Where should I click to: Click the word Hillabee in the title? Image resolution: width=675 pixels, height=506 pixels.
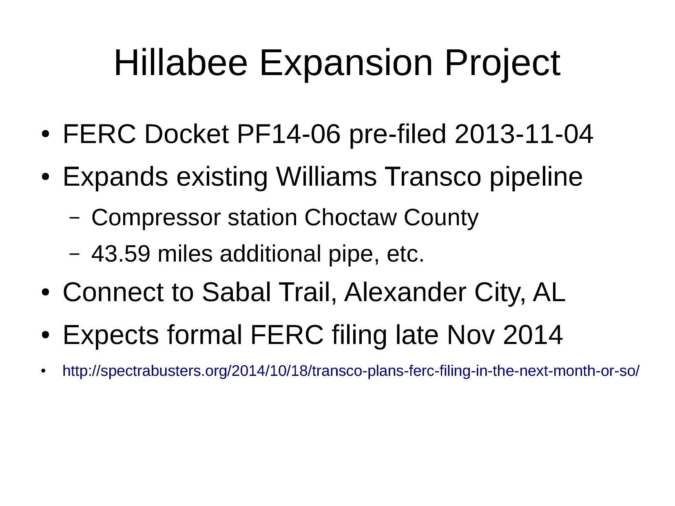click(181, 63)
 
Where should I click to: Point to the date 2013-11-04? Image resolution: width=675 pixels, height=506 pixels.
click(523, 134)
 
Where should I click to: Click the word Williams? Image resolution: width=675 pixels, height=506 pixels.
click(326, 176)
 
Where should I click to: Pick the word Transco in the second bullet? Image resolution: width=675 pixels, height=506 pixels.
click(433, 176)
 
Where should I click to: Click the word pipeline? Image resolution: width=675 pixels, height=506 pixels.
click(536, 178)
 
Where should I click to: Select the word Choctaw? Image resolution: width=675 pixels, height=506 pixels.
click(351, 217)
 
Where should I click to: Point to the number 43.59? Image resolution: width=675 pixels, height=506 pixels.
click(121, 254)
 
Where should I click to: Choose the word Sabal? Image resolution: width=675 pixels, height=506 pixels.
click(236, 292)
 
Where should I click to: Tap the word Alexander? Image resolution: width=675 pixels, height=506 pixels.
click(405, 292)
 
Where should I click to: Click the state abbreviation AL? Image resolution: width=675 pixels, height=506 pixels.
click(549, 292)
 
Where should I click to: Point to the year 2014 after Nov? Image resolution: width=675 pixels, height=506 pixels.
click(533, 335)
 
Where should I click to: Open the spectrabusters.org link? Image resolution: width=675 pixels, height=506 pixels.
click(351, 371)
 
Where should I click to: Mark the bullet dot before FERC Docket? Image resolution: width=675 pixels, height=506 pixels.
click(45, 134)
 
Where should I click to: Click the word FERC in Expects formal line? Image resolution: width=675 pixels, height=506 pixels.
click(287, 335)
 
